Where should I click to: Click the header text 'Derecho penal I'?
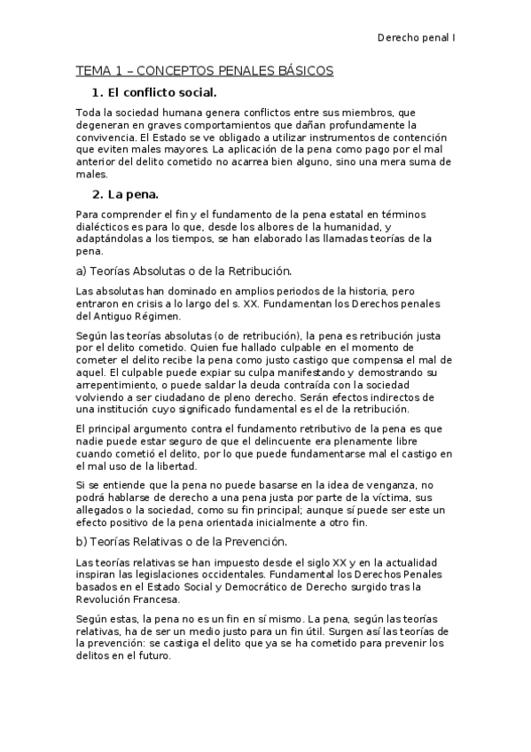416,39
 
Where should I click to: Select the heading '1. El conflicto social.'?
154,93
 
